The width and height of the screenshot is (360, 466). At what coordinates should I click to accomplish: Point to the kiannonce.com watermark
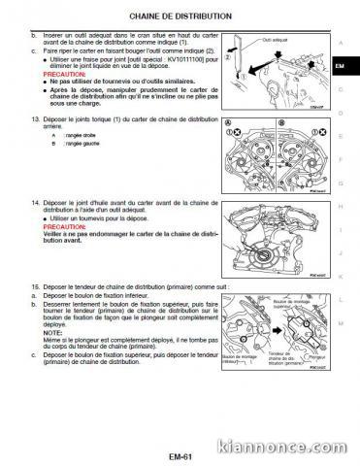coord(304,449)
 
